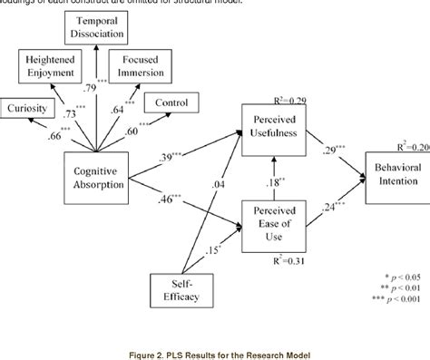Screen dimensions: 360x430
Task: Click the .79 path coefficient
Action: tap(90, 88)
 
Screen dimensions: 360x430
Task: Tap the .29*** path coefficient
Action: tap(324, 146)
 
